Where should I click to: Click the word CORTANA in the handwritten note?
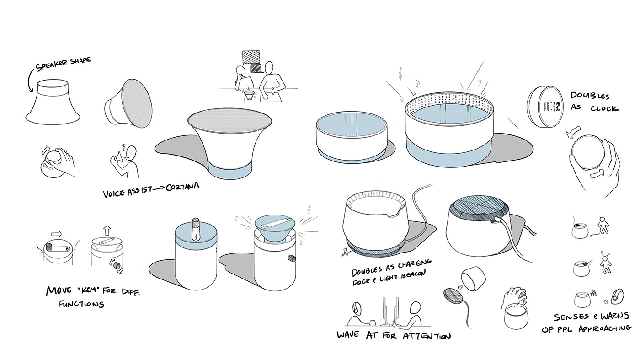(182, 187)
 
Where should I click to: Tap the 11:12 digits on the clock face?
(551, 107)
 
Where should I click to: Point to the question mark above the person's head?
(123, 147)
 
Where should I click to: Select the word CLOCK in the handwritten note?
(604, 109)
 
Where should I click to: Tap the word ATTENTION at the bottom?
(427, 336)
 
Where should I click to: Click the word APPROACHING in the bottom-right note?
(604, 328)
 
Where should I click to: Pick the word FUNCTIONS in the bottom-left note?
(81, 304)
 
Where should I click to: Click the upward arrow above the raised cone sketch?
(107, 230)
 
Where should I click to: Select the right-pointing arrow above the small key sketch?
(57, 234)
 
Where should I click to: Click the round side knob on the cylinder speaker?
(292, 259)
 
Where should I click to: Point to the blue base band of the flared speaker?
(230, 170)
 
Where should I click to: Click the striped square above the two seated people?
(251, 58)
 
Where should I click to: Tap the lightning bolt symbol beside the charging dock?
(345, 252)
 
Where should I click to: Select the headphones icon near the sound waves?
(618, 296)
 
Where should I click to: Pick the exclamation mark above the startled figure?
(602, 253)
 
